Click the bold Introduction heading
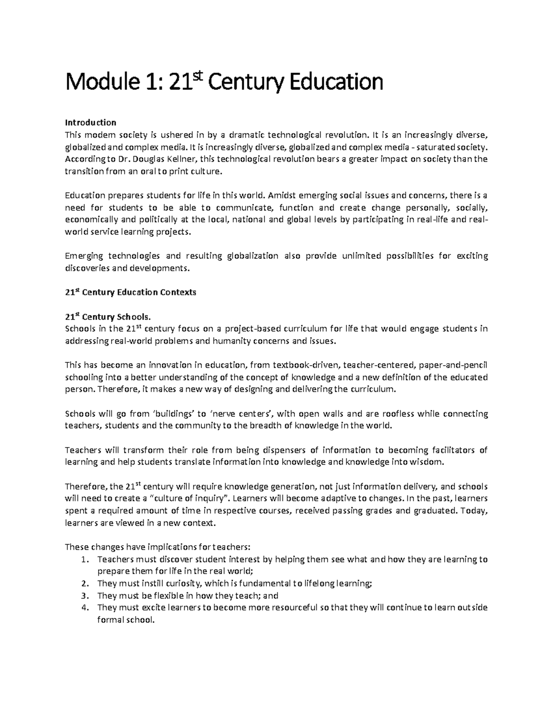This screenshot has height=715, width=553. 90,122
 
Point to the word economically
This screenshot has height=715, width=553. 87,220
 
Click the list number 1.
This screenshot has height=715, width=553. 83,559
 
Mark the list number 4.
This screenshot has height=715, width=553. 83,608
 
